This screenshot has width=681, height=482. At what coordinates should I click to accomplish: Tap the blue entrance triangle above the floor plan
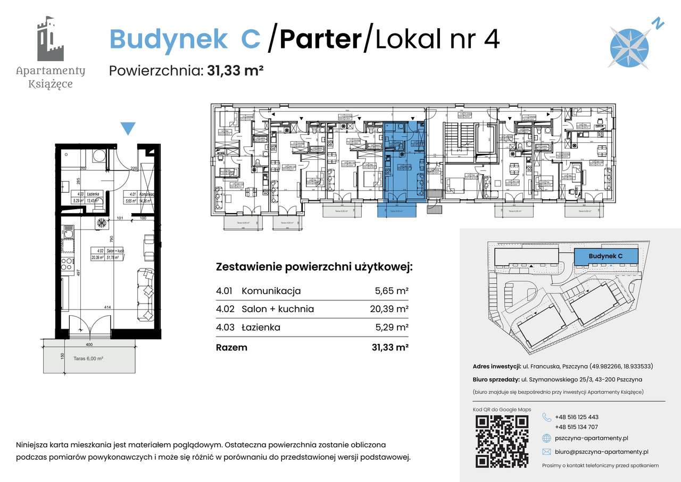128,128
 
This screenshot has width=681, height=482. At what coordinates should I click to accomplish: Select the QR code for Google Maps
501,440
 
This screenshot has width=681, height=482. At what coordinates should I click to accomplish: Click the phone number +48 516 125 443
576,417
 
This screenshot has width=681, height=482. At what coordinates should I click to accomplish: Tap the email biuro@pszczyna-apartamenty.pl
601,452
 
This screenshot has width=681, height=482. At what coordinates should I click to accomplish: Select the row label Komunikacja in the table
271,291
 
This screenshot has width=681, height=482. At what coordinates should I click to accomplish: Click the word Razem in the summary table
231,348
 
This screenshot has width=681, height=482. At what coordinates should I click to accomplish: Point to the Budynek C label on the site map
605,256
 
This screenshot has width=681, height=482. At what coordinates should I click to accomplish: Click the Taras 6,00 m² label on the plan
88,359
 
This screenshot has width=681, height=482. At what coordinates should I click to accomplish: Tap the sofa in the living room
145,290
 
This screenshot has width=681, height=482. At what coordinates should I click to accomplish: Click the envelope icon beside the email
546,452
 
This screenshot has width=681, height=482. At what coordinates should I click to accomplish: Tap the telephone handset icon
547,417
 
